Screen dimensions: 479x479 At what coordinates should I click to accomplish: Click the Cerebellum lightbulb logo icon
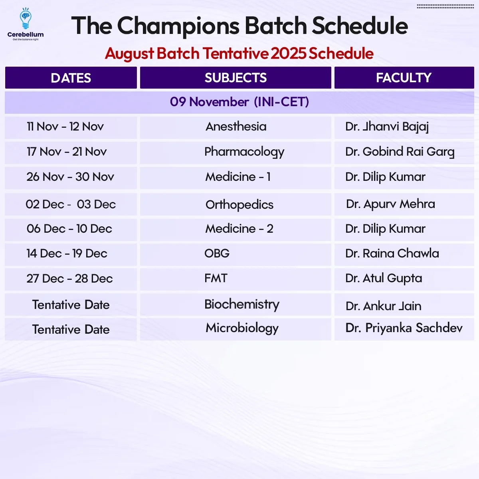click(26, 18)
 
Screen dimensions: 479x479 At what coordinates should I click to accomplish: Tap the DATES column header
click(71, 78)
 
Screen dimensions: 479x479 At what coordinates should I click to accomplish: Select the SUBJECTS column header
click(236, 78)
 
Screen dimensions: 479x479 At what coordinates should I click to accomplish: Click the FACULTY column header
click(404, 78)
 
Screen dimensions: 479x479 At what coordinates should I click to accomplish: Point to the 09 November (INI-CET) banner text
click(239, 102)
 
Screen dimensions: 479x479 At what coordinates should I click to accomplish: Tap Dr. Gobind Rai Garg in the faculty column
click(400, 152)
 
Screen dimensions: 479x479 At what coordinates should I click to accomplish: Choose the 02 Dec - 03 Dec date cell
click(71, 204)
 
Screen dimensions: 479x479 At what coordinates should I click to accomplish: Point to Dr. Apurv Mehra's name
click(390, 204)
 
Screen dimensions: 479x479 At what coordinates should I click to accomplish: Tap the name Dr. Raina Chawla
click(392, 253)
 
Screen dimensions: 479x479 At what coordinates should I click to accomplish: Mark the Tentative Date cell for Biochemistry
click(71, 305)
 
